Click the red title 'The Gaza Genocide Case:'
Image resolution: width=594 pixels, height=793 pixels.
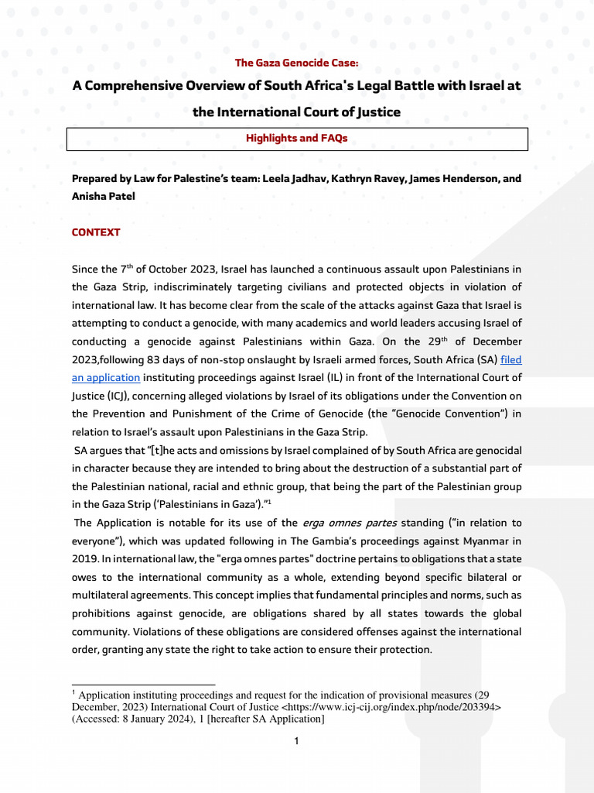click(296, 63)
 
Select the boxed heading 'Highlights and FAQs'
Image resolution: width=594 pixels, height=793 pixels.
click(296, 138)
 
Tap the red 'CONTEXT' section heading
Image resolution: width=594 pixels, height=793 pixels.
click(96, 232)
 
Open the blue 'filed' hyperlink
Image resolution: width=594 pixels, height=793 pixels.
click(511, 359)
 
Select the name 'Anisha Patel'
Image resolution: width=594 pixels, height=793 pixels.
click(104, 197)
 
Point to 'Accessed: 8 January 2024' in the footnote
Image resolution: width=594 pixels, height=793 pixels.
click(140, 719)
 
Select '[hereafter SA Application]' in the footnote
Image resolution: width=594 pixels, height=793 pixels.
click(267, 719)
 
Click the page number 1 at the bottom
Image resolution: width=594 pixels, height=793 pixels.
click(296, 741)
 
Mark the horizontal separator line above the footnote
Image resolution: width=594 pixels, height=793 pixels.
click(143, 685)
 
